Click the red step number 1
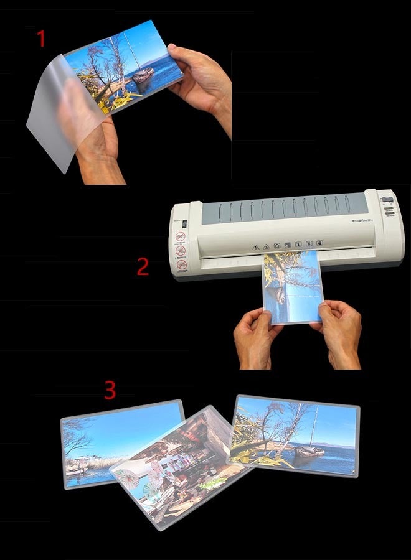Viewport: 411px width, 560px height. tap(42, 39)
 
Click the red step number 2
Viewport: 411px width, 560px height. tap(143, 267)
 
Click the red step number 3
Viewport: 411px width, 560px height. tap(110, 390)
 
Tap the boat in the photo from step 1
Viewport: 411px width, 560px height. tap(143, 75)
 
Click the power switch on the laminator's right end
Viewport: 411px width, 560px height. tap(388, 201)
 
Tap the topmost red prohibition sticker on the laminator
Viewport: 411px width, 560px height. tap(181, 237)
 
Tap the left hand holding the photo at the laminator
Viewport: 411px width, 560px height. tap(254, 339)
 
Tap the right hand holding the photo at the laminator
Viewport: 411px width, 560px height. tap(339, 333)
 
